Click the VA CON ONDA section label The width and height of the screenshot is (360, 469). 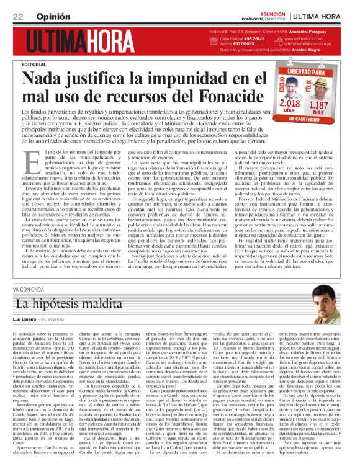29,289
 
